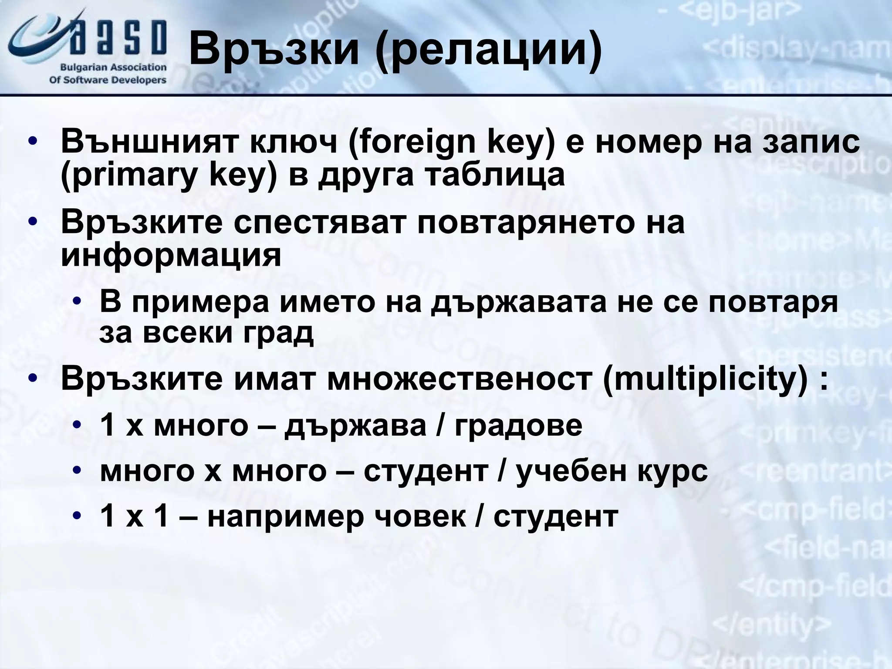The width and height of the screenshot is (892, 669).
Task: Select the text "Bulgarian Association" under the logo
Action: click(114, 68)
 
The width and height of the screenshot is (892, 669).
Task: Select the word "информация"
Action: click(171, 255)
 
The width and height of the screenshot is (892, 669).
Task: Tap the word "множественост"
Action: click(460, 378)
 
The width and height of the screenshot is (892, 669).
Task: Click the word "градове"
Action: click(518, 426)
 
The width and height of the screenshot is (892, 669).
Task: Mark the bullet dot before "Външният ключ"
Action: click(33, 142)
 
